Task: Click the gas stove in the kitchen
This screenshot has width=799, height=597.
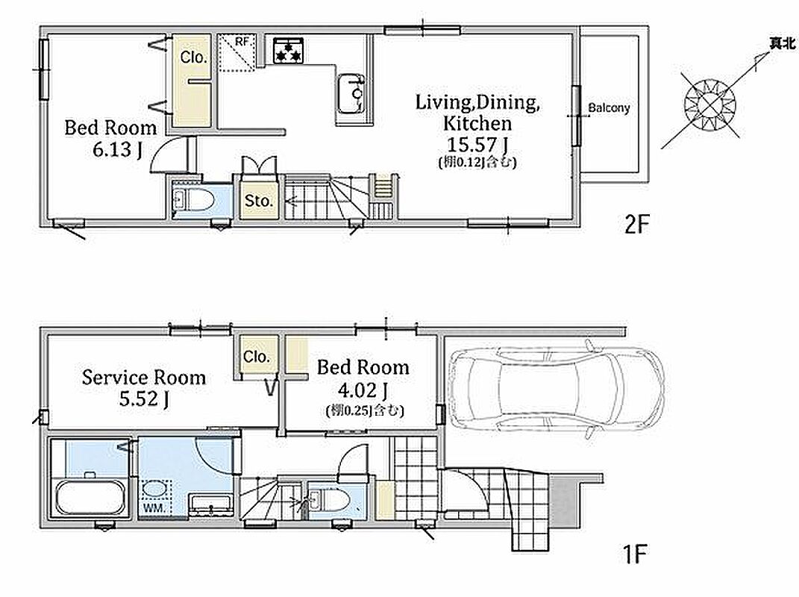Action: [289, 51]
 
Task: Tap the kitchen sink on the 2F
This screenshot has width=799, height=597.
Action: [350, 94]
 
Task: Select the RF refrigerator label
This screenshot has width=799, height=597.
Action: [242, 41]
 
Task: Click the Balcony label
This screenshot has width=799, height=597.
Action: [609, 107]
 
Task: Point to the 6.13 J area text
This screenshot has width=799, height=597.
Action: [117, 149]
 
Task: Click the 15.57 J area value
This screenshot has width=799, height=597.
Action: [477, 145]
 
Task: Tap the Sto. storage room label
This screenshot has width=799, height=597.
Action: [259, 200]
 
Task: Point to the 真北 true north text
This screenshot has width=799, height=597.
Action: [782, 44]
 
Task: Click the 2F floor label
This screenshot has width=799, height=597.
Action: [637, 224]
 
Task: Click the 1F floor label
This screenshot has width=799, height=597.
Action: [635, 554]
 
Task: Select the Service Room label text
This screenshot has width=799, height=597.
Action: [144, 378]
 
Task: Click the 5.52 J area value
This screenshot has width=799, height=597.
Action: [144, 399]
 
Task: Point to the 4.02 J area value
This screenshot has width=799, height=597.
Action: [363, 390]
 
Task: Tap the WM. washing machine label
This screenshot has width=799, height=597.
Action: [154, 507]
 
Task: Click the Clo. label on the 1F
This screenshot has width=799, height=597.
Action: [257, 357]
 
